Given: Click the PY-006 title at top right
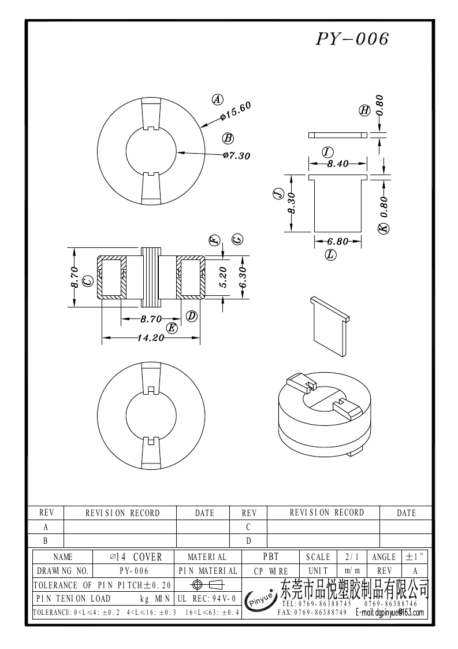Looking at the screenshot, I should pyautogui.click(x=352, y=39).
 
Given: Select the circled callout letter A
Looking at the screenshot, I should pyautogui.click(x=217, y=99).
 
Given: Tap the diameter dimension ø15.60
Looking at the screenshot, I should pyautogui.click(x=236, y=112).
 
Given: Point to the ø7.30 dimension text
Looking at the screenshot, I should pyautogui.click(x=236, y=155).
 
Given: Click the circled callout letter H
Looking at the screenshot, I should pyautogui.click(x=364, y=110).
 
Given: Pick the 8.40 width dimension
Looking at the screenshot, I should pyautogui.click(x=337, y=164).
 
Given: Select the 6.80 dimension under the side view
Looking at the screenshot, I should pyautogui.click(x=337, y=242).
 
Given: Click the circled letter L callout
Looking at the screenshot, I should pyautogui.click(x=331, y=254).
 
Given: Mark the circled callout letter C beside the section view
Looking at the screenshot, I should pyautogui.click(x=88, y=281).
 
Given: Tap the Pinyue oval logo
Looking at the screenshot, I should pyautogui.click(x=260, y=599).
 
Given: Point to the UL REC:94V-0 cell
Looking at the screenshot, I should pyautogui.click(x=206, y=599).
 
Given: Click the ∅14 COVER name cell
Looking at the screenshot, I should pyautogui.click(x=136, y=557).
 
